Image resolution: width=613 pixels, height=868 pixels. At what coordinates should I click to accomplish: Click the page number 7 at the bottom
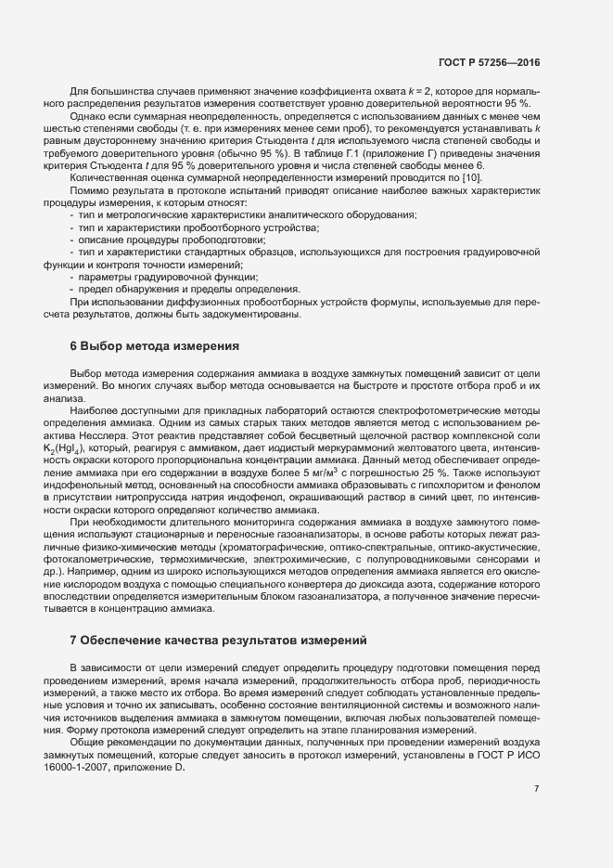point(537,788)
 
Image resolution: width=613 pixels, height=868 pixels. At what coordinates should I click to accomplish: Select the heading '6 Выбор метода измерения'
point(155,346)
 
